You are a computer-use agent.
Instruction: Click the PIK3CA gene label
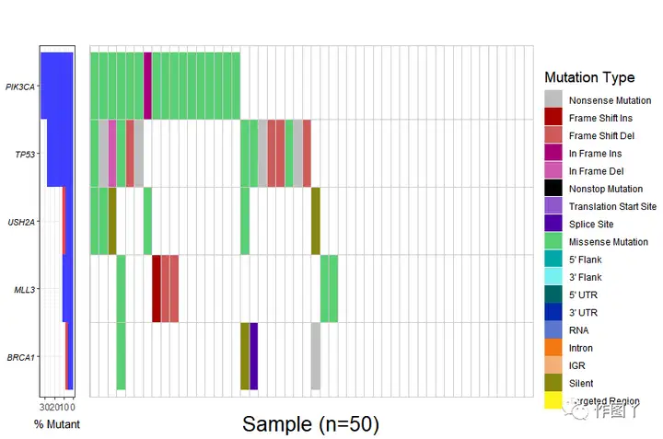pyautogui.click(x=20, y=87)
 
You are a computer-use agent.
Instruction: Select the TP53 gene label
pyautogui.click(x=24, y=155)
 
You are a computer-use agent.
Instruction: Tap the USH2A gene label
pyautogui.click(x=21, y=222)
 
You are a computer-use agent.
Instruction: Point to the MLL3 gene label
pyautogui.click(x=24, y=289)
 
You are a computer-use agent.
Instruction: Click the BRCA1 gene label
pyautogui.click(x=21, y=356)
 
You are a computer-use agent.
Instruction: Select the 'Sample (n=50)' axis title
pyautogui.click(x=310, y=424)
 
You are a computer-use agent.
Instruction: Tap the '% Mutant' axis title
pyautogui.click(x=57, y=425)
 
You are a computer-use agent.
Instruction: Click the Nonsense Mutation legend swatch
pyautogui.click(x=552, y=99)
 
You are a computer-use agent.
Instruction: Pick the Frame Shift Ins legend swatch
pyautogui.click(x=552, y=117)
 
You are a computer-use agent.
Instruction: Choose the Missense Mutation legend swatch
pyautogui.click(x=552, y=241)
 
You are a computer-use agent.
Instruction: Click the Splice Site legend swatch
pyautogui.click(x=552, y=224)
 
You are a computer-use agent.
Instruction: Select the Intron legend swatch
pyautogui.click(x=552, y=348)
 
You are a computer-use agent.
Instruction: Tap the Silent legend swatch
pyautogui.click(x=552, y=383)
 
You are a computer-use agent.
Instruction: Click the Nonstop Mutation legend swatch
pyautogui.click(x=552, y=188)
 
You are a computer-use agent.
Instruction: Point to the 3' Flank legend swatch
pyautogui.click(x=552, y=277)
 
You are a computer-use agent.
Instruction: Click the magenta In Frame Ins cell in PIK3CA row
pyautogui.click(x=147, y=86)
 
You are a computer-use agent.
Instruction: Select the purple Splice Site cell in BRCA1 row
pyautogui.click(x=253, y=356)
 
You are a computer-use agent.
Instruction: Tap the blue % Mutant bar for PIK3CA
pyautogui.click(x=56, y=86)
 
